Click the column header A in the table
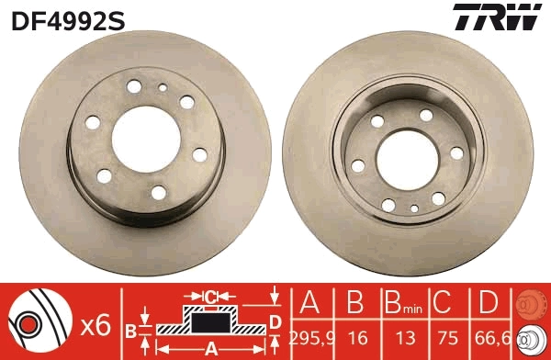(310, 302)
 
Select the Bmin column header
(401, 303)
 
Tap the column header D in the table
(491, 302)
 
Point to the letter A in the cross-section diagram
(210, 348)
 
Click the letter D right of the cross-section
(275, 320)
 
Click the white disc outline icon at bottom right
(532, 339)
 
